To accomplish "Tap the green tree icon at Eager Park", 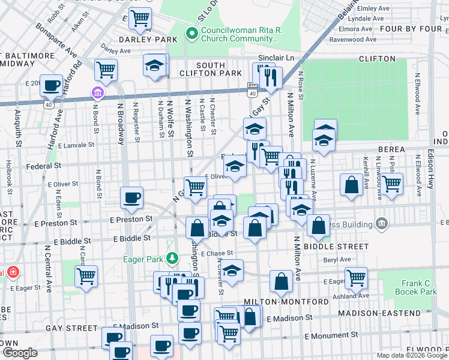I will coord(173,259).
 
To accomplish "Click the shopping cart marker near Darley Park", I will coord(139,18).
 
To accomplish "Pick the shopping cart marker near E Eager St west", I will coord(86,277).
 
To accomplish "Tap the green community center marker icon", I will coord(192,33).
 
